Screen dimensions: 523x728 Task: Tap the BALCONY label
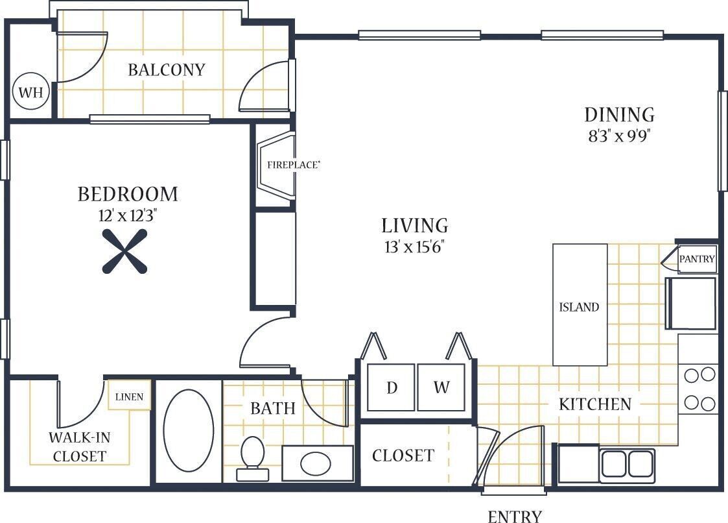coord(167,70)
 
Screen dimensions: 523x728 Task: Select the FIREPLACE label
coord(293,165)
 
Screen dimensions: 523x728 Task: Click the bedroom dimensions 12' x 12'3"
coord(128,216)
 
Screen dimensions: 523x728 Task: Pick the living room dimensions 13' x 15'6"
coord(415,247)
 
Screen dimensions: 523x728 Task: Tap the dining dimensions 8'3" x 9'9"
coord(619,137)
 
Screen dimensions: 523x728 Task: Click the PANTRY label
coord(697,259)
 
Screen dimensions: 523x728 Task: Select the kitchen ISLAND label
coord(579,308)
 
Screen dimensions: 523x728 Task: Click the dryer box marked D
coord(392,387)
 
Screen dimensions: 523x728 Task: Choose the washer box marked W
coord(441,387)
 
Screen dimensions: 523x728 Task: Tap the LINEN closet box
coord(130,396)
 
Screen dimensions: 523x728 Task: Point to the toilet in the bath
coord(252,457)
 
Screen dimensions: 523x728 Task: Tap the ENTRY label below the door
coord(514,517)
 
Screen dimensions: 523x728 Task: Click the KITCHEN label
coord(594,404)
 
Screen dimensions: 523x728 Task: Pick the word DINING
coord(619,115)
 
